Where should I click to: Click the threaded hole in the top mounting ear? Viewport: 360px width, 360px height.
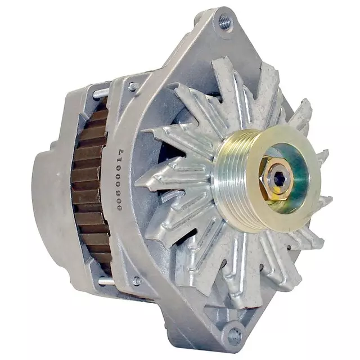tap(224, 23)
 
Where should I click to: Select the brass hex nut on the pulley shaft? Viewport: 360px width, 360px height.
tap(273, 179)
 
